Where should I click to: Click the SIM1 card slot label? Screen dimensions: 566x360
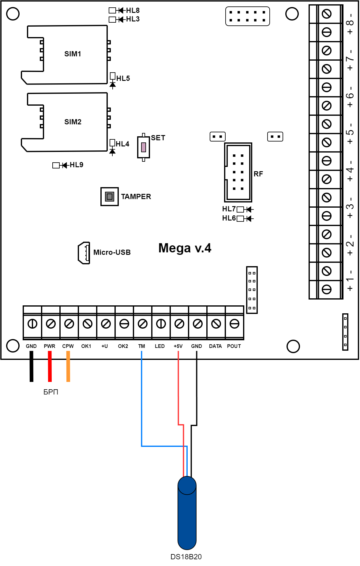tap(73, 54)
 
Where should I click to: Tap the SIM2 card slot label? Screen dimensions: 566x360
tap(73, 122)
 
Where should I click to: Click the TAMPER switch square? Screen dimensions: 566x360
tap(109, 196)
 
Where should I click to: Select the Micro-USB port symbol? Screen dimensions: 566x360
tap(84, 253)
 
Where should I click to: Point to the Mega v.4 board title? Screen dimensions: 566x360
tap(185, 248)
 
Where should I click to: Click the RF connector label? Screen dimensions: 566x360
tap(258, 174)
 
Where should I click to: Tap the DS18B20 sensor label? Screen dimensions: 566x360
tap(186, 557)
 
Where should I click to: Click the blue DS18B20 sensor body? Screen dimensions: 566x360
tap(187, 515)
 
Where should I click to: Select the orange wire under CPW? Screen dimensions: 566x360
tap(68, 366)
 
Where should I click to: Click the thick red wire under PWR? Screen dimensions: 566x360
tap(50, 366)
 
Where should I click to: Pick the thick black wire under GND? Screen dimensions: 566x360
tap(31, 366)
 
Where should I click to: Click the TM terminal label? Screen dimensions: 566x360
tap(141, 346)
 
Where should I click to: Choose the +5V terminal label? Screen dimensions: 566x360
tap(178, 346)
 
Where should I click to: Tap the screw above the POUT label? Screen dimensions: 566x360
tap(234, 324)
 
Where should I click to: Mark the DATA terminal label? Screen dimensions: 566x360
tap(215, 346)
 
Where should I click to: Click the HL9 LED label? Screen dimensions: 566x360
tap(76, 165)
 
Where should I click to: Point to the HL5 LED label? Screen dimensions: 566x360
tap(123, 78)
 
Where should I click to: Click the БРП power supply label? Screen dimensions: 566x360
tap(51, 392)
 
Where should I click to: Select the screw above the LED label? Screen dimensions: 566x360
tap(161, 324)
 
